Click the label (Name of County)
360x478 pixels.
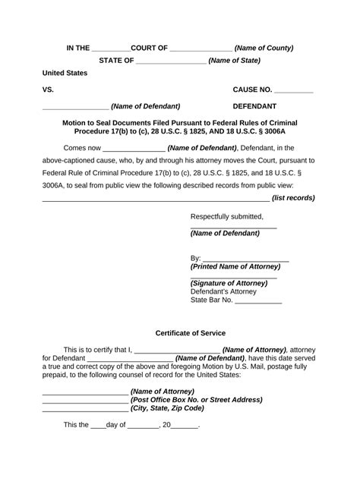pyautogui.click(x=264, y=48)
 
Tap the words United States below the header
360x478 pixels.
pyautogui.click(x=65, y=74)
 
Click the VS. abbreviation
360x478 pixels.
pyautogui.click(x=49, y=90)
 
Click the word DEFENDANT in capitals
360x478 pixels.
pyautogui.click(x=254, y=106)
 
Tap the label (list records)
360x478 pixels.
pyautogui.click(x=293, y=198)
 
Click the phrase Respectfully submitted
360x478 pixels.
pyautogui.click(x=226, y=216)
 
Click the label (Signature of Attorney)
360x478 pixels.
pyautogui.click(x=229, y=283)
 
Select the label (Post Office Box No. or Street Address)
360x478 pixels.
pyautogui.click(x=197, y=399)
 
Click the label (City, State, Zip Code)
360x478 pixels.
pyautogui.click(x=167, y=407)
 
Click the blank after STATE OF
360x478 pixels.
pyautogui.click(x=172, y=61)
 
